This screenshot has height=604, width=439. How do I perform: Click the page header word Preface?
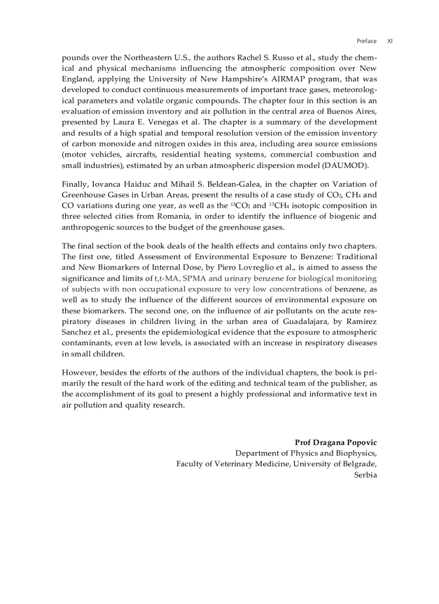tap(366, 41)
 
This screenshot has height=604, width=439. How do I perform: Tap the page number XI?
tap(390, 41)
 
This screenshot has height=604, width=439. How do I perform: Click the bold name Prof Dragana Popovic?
tap(336, 442)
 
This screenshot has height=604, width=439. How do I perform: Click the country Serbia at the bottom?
tap(365, 474)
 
